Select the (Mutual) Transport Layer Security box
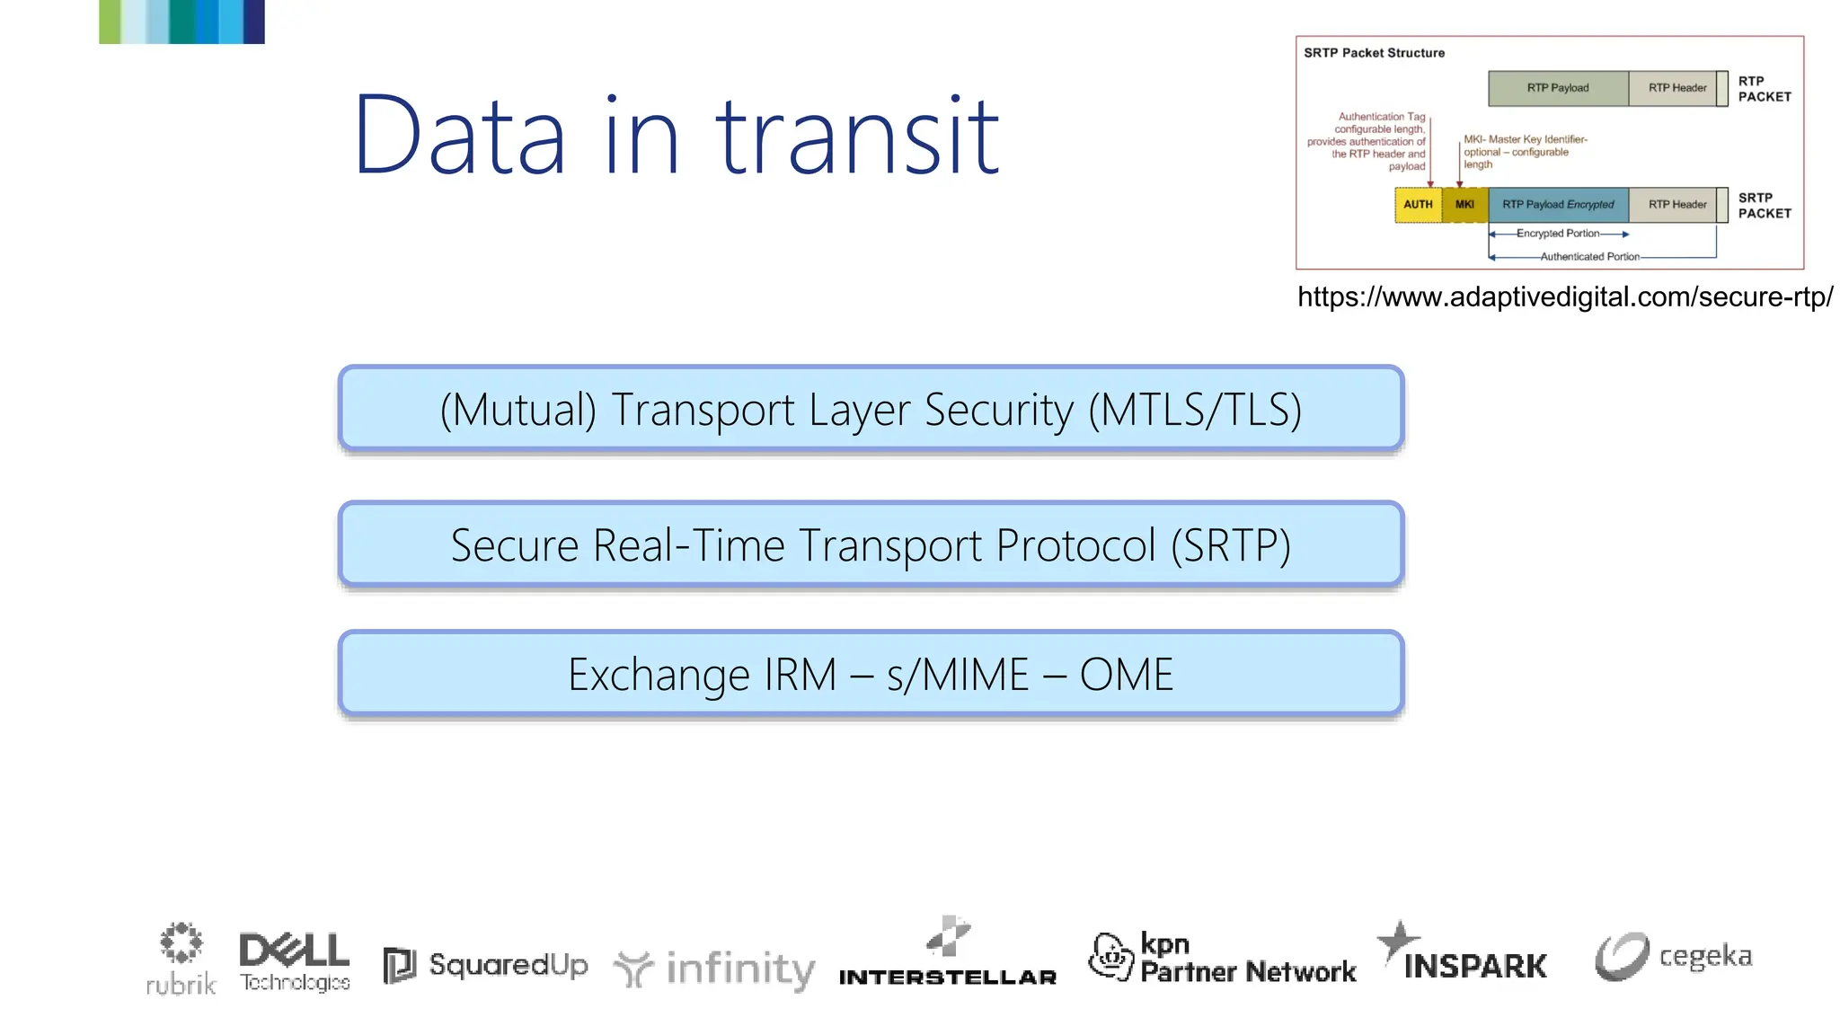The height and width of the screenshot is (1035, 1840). (x=870, y=410)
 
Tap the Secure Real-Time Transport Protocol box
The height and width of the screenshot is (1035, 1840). (x=870, y=545)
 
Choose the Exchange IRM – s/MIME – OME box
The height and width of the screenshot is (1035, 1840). (x=870, y=674)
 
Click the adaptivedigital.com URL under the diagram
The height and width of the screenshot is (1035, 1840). (x=1564, y=297)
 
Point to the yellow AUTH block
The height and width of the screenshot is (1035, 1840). (x=1418, y=205)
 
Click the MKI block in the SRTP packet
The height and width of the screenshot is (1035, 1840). (x=1464, y=205)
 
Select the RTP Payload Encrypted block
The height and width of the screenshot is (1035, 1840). (x=1558, y=205)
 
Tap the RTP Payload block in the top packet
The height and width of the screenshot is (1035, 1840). (x=1557, y=88)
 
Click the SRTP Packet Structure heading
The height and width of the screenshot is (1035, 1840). (x=1374, y=53)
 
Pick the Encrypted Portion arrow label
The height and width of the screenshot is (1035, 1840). (x=1557, y=234)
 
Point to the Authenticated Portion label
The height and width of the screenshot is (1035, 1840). (x=1589, y=257)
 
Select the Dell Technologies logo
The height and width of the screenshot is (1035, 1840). (x=294, y=961)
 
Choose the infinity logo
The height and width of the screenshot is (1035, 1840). (x=714, y=969)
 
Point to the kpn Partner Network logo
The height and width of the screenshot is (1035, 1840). (x=1222, y=958)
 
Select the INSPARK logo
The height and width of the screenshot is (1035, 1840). (x=1462, y=954)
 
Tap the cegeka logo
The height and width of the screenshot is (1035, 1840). (x=1673, y=956)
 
